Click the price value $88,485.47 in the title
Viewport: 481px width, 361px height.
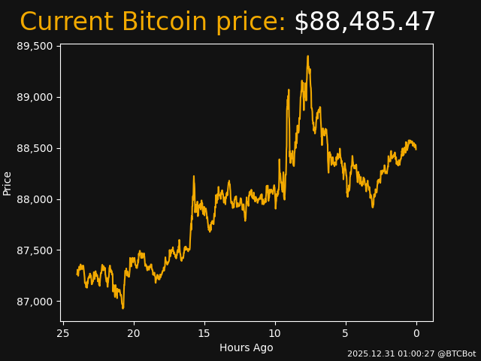click(365, 23)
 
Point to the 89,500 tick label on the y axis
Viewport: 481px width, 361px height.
click(35, 46)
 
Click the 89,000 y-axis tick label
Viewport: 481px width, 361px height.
click(35, 97)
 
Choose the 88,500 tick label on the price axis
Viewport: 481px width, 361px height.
click(35, 148)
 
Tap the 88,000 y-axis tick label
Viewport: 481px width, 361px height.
click(35, 199)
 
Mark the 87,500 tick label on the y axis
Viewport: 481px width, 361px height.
click(35, 250)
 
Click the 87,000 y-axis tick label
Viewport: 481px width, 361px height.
click(35, 302)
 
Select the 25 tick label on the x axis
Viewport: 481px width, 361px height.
click(63, 333)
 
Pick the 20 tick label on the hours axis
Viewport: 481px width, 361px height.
click(134, 333)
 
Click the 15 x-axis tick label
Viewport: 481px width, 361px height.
click(204, 333)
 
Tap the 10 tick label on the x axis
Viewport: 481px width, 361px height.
click(275, 333)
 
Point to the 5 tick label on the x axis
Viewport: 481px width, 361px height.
click(346, 333)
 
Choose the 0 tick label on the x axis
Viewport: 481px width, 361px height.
click(416, 333)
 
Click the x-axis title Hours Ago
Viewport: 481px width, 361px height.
click(246, 347)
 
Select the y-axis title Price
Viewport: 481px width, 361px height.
click(8, 183)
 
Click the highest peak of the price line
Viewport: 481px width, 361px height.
click(307, 56)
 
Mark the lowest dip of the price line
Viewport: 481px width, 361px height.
click(123, 308)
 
